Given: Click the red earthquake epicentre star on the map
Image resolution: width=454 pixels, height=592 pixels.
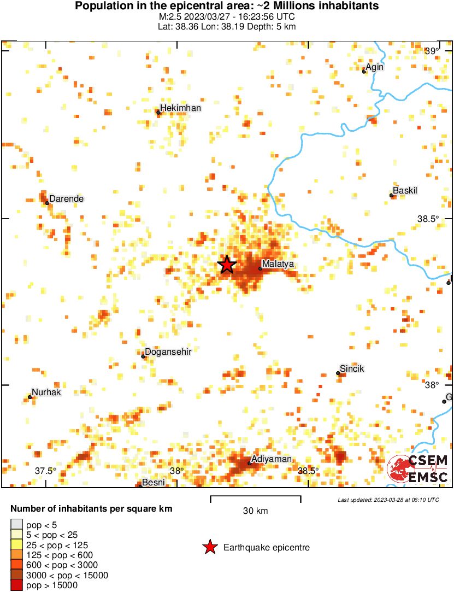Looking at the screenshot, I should coord(227,265).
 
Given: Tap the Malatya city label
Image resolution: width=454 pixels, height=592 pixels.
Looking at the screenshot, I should coord(278,264).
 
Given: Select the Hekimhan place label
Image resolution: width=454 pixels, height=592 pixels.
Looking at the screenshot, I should coord(181,108).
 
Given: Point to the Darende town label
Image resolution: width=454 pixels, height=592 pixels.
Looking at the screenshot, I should coord(66,198).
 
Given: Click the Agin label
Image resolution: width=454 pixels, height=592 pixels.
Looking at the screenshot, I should coord(375,67).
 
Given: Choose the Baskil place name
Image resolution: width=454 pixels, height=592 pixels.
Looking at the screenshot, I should coord(405,191).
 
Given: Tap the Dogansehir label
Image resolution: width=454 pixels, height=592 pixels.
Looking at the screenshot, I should coord(168,352).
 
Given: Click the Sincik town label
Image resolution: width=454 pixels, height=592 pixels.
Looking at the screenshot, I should coord(352,369).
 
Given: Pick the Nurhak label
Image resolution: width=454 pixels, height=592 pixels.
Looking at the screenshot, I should coord(46,392).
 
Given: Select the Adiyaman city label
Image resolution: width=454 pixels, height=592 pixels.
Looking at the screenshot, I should coord(272,459).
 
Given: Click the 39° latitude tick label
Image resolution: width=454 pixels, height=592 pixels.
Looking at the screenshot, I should coord(432,51).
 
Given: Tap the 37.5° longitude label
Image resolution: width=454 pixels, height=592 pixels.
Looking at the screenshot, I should coord(46,471).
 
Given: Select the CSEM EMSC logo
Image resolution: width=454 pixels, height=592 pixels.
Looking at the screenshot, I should coord(417,469).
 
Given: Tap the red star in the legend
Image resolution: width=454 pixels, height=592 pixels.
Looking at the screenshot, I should coord(209,547).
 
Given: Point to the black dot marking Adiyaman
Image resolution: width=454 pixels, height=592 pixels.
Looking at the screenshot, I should coord(249,464).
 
